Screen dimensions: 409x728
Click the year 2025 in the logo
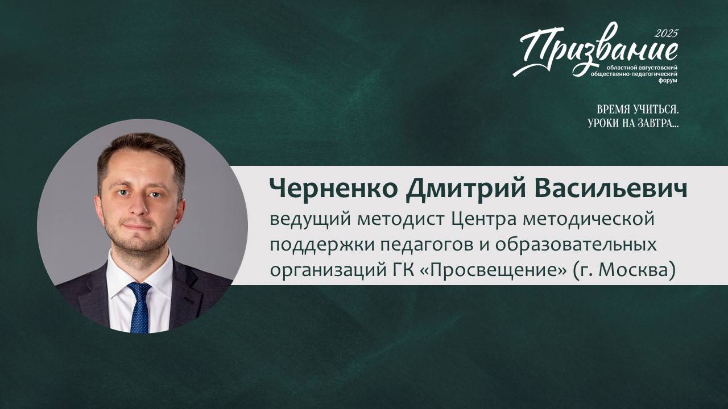(x=666, y=34)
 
